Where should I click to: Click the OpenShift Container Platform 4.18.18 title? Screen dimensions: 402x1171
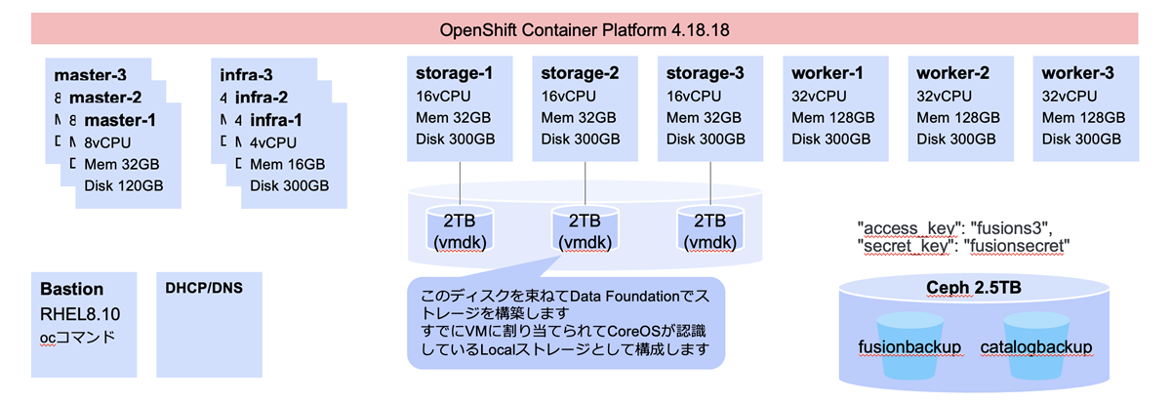[585, 29]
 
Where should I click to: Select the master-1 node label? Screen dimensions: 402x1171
[120, 120]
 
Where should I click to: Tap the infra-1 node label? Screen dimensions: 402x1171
[276, 120]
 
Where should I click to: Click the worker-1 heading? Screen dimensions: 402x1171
[828, 73]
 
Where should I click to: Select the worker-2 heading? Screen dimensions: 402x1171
[952, 73]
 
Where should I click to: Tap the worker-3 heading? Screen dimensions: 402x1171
[1077, 73]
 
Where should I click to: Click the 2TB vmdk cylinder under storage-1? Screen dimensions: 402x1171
[460, 231]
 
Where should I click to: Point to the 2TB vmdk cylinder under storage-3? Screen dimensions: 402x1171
[709, 231]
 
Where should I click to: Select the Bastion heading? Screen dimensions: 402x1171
[71, 290]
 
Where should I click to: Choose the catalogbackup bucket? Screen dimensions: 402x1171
[1035, 347]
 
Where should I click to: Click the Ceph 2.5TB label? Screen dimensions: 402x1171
[973, 287]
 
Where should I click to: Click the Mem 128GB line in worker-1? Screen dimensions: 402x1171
[832, 117]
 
